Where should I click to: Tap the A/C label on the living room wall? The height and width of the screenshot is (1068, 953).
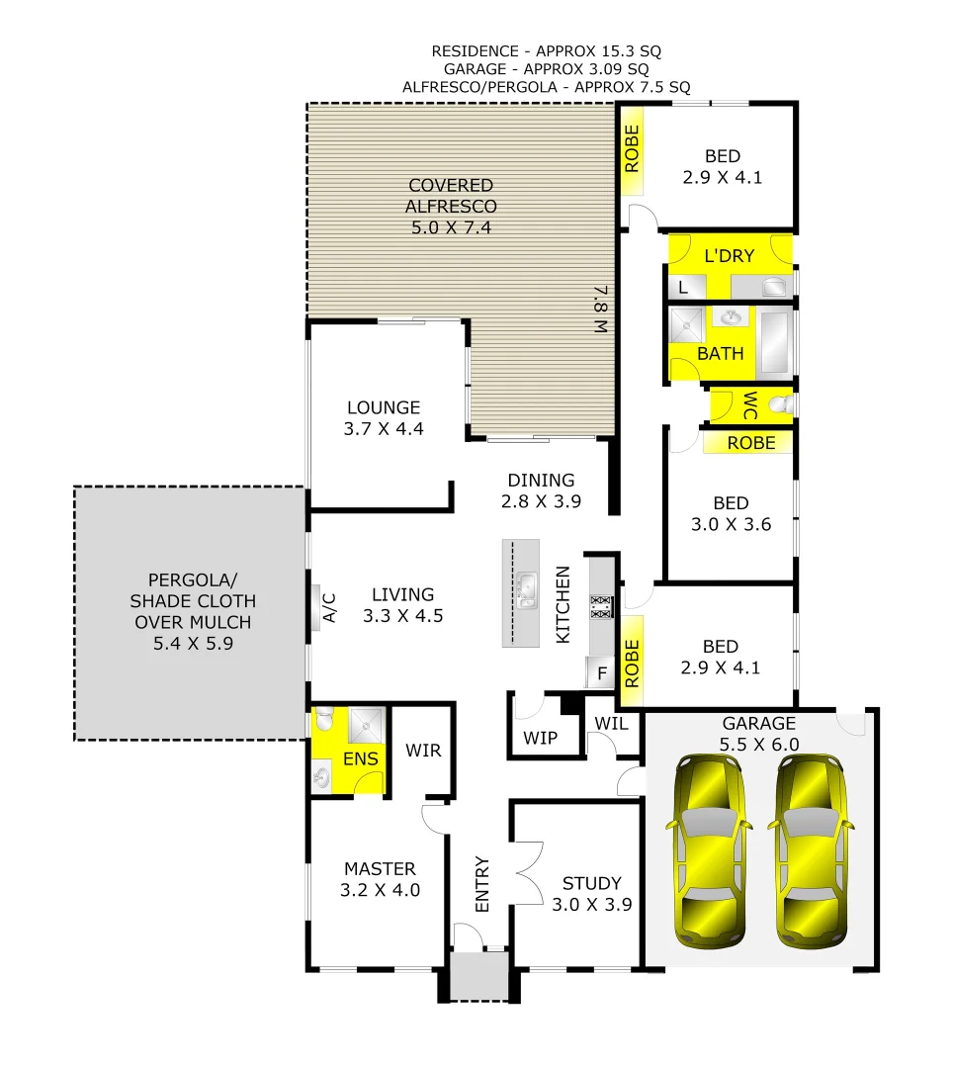[x=330, y=607]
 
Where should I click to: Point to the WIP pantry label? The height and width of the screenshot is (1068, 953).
[x=541, y=738]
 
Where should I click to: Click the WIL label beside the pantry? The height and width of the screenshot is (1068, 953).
[x=612, y=723]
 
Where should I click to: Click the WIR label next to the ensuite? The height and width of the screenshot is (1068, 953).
[x=422, y=751]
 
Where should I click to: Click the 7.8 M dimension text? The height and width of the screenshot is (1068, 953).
[x=600, y=311]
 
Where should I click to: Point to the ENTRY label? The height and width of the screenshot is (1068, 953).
[x=482, y=883]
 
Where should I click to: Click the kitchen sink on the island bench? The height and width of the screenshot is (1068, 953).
[x=527, y=589]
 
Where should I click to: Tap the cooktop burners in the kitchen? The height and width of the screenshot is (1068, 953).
[x=601, y=606]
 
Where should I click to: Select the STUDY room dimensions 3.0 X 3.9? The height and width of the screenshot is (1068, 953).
[x=591, y=904]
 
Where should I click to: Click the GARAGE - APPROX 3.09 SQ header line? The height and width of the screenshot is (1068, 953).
[x=546, y=69]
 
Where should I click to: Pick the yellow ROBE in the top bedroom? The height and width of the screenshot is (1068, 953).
[x=633, y=148]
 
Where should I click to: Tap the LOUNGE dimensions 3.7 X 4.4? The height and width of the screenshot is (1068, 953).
[x=384, y=429]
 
